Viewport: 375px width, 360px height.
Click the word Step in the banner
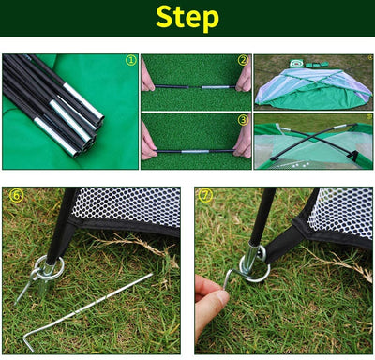(187, 18)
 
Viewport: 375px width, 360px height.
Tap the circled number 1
(131, 60)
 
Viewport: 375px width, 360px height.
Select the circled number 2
(243, 60)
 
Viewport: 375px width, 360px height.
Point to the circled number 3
(243, 120)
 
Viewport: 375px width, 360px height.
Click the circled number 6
(16, 196)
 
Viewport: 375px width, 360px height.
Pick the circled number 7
(205, 196)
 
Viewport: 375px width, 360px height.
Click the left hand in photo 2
(147, 78)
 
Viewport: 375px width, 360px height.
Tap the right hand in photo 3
(243, 141)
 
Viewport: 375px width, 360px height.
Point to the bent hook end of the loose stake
(27, 342)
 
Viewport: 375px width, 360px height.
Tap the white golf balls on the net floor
(301, 164)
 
